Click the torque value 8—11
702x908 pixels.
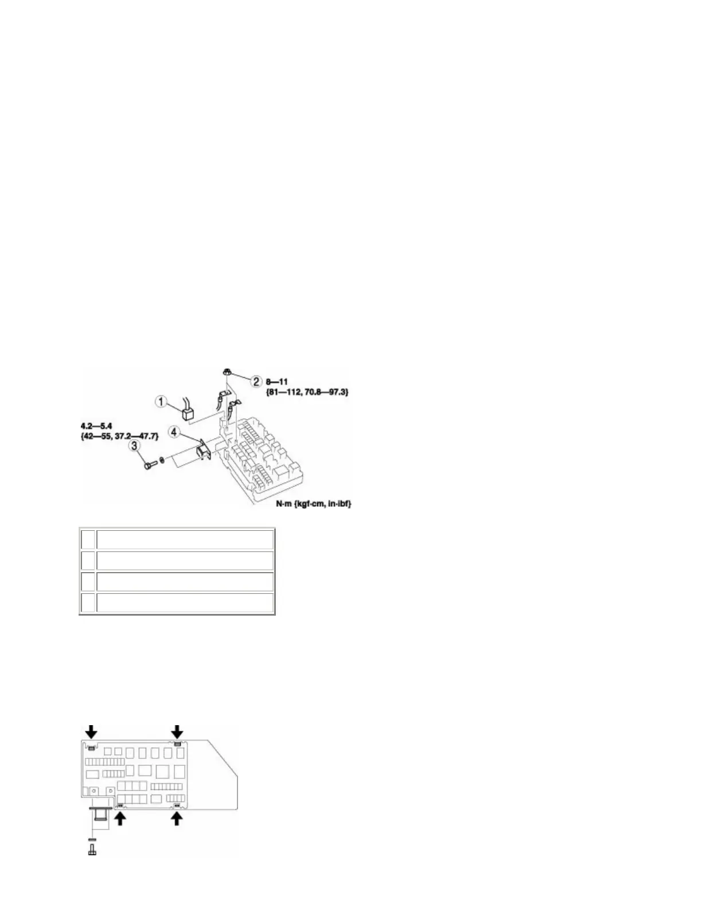pos(277,381)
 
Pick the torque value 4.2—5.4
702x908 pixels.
pos(96,426)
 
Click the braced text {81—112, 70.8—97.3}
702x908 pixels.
pos(307,392)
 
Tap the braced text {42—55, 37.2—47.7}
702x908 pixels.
pos(119,437)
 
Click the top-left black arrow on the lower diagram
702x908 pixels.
pos(91,730)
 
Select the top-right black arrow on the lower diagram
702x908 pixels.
pos(178,730)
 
